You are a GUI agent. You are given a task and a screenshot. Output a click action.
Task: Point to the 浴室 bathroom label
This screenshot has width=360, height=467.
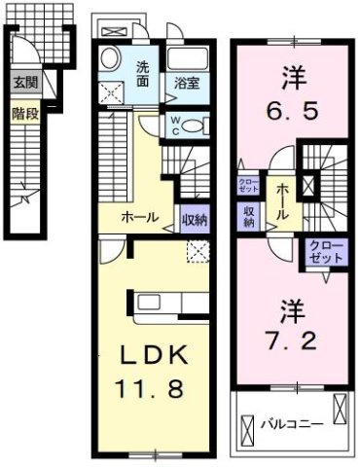(x=188, y=84)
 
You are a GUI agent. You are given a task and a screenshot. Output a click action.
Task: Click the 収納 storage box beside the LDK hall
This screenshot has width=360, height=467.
(x=195, y=220)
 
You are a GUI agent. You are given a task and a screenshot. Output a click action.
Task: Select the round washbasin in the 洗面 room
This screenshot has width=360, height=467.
(x=112, y=55)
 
